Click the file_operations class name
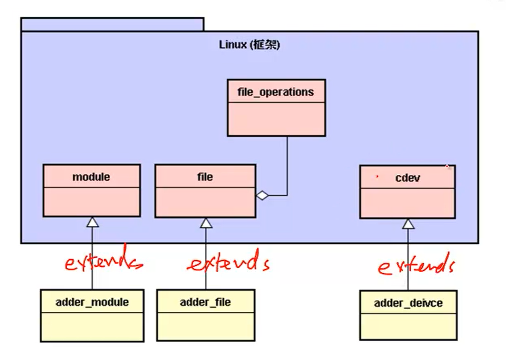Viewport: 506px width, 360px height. (276, 92)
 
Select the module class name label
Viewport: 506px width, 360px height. (91, 177)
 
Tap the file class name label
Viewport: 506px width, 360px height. (205, 177)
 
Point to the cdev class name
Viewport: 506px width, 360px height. (408, 178)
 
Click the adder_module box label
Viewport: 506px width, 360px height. (92, 302)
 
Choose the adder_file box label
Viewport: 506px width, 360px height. (205, 302)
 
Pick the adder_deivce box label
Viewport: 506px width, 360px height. (408, 303)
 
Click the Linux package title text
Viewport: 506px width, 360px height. (249, 45)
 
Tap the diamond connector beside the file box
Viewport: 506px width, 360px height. (262, 196)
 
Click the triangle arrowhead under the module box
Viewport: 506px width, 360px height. (92, 222)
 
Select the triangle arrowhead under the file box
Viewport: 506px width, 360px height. (206, 223)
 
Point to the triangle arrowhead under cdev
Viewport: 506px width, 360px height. (408, 224)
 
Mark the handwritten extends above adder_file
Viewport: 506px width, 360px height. (228, 263)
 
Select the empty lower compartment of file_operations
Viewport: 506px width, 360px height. (276, 119)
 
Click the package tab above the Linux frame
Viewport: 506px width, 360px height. (112, 24)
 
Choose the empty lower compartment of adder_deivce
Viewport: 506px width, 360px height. (408, 327)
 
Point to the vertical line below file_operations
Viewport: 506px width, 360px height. (287, 164)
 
